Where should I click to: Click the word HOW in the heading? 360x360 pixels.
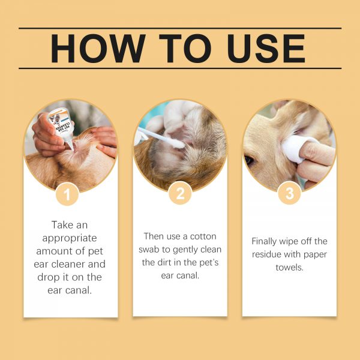(98, 49)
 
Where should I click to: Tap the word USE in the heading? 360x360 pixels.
(266, 49)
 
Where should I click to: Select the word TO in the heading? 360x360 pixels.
(185, 49)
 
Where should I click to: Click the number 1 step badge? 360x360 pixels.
(67, 194)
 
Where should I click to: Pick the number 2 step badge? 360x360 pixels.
(180, 193)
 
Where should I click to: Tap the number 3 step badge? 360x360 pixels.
(289, 193)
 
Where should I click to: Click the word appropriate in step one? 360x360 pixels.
(70, 238)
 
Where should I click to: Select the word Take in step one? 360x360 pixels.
(61, 225)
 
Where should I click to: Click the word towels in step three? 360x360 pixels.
(290, 267)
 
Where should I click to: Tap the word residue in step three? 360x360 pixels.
(266, 254)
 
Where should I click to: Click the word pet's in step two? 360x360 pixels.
(209, 263)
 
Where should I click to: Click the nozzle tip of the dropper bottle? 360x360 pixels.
(73, 149)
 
